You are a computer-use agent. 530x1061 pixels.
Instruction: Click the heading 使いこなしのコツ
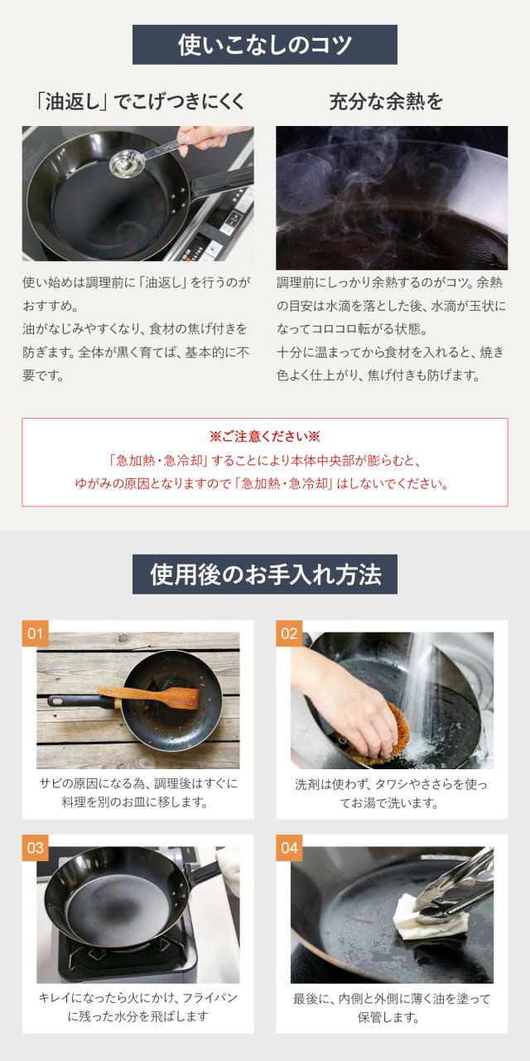tap(264, 45)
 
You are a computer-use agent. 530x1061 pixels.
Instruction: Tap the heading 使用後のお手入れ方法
tap(265, 574)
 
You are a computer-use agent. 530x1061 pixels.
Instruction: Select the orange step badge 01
tap(36, 632)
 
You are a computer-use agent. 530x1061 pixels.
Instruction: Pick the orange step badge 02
tap(289, 632)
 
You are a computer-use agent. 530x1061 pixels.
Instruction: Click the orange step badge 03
tap(36, 847)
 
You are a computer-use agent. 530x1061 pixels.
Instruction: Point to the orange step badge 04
tap(289, 847)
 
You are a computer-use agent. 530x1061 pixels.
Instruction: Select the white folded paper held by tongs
tap(429, 916)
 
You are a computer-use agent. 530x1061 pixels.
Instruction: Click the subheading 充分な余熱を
tap(386, 102)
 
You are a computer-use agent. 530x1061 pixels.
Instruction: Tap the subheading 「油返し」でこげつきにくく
tap(141, 102)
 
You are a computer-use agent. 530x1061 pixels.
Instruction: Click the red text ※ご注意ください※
tap(265, 436)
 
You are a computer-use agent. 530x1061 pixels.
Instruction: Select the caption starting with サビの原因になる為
tap(137, 792)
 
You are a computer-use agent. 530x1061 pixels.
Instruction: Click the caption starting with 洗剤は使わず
tap(391, 793)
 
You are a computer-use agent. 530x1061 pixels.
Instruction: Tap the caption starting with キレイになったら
tap(137, 1007)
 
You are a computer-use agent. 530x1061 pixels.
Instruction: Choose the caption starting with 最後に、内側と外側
tap(392, 1008)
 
